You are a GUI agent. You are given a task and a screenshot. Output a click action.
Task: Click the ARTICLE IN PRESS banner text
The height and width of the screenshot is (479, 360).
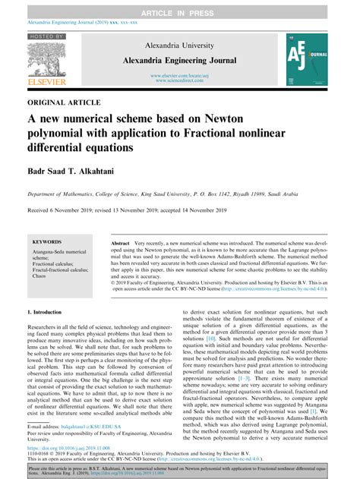click(x=179, y=5)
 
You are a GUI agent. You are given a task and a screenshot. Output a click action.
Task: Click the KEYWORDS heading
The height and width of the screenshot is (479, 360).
click(x=47, y=243)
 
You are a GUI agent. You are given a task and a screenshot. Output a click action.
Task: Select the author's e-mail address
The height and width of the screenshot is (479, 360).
click(x=87, y=427)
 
